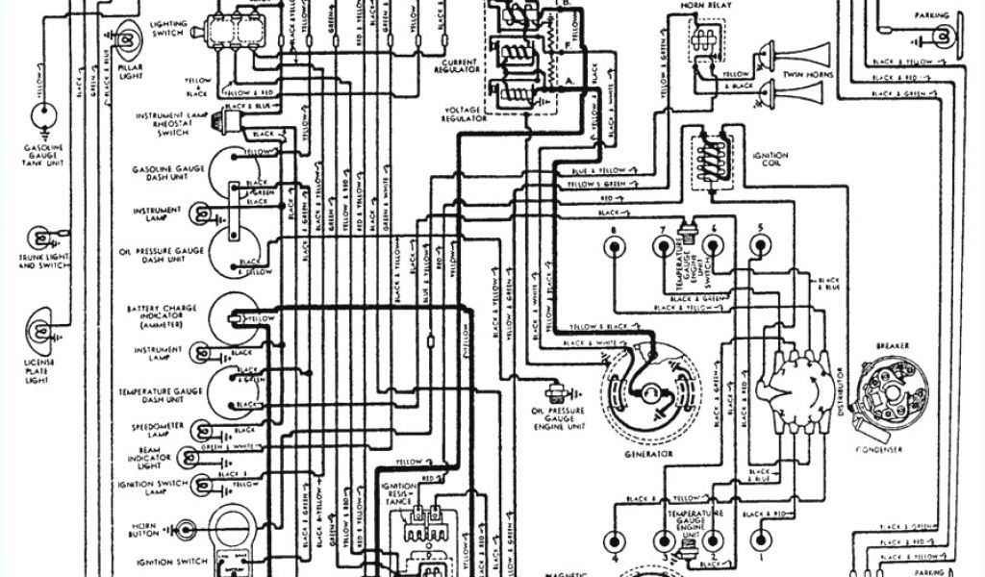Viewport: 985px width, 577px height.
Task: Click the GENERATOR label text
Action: pos(647,453)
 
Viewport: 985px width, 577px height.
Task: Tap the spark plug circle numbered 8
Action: pos(614,245)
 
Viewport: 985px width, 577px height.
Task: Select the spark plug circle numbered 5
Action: pos(760,245)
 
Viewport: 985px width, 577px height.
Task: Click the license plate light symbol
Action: pos(41,327)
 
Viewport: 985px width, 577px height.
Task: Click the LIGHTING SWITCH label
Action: pos(170,28)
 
